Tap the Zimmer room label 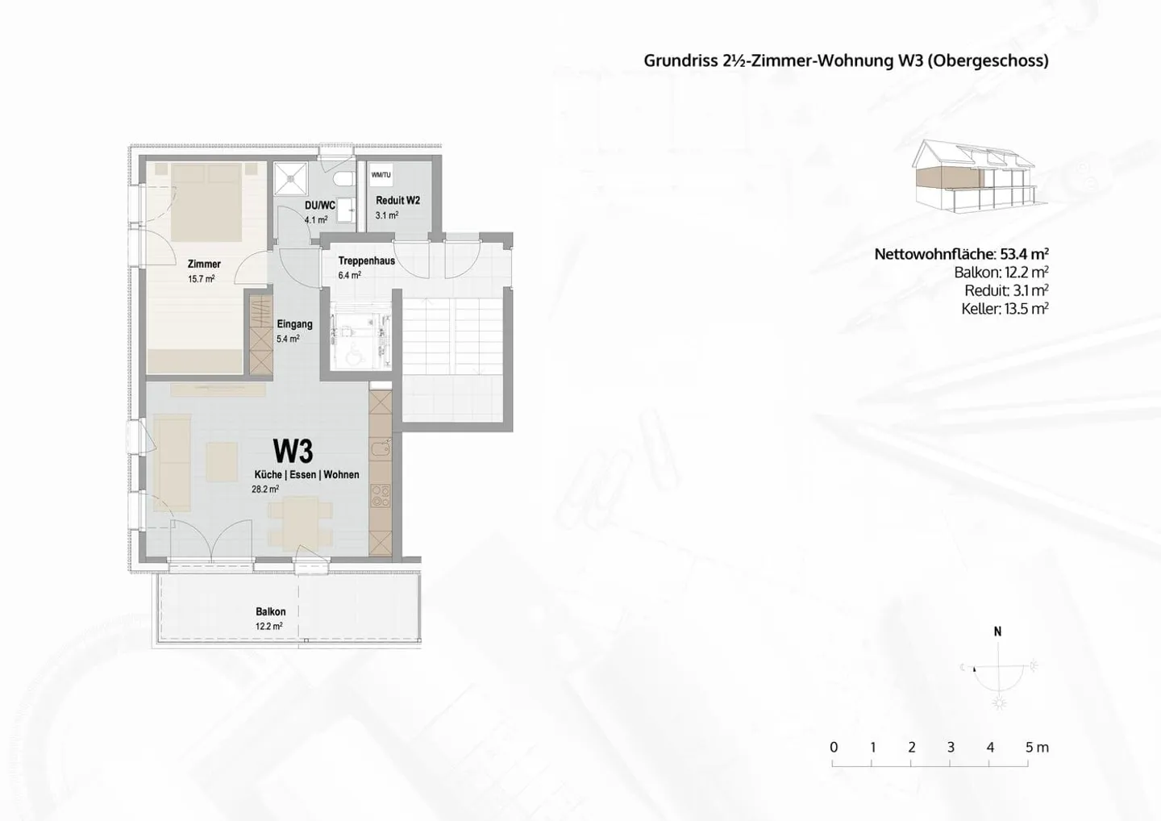[204, 264]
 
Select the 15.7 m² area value [201, 279]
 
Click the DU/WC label [319, 206]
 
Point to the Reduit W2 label [397, 200]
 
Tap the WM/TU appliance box [381, 175]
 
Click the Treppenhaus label [366, 260]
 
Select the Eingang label [294, 324]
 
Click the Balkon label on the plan [271, 611]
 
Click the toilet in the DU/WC [342, 178]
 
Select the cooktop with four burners [381, 495]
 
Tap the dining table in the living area [299, 522]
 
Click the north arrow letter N [998, 631]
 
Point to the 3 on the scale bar [951, 748]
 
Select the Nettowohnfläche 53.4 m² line [961, 254]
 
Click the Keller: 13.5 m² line [1004, 309]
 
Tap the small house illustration [973, 177]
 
